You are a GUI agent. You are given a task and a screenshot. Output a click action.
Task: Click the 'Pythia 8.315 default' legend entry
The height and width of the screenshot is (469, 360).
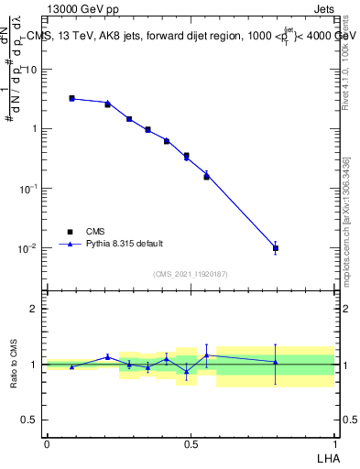point(125,244)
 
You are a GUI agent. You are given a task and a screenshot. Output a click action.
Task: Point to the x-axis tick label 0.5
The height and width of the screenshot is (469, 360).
point(190,443)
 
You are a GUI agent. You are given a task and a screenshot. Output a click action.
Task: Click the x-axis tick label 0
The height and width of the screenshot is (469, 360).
point(47,443)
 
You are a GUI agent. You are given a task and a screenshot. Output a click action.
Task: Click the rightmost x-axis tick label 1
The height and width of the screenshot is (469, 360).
point(333,443)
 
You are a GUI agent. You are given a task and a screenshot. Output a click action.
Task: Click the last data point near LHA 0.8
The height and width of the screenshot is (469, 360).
point(276,247)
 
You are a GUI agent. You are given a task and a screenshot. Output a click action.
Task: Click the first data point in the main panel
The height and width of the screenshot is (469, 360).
point(71,98)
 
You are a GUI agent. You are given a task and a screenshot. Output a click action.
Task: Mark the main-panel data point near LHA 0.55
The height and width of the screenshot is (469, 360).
point(206,176)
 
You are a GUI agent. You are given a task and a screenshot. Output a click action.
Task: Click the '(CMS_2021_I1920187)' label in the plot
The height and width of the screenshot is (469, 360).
point(190,274)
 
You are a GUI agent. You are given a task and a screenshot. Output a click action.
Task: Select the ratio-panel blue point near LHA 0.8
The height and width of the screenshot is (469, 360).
point(276,362)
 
